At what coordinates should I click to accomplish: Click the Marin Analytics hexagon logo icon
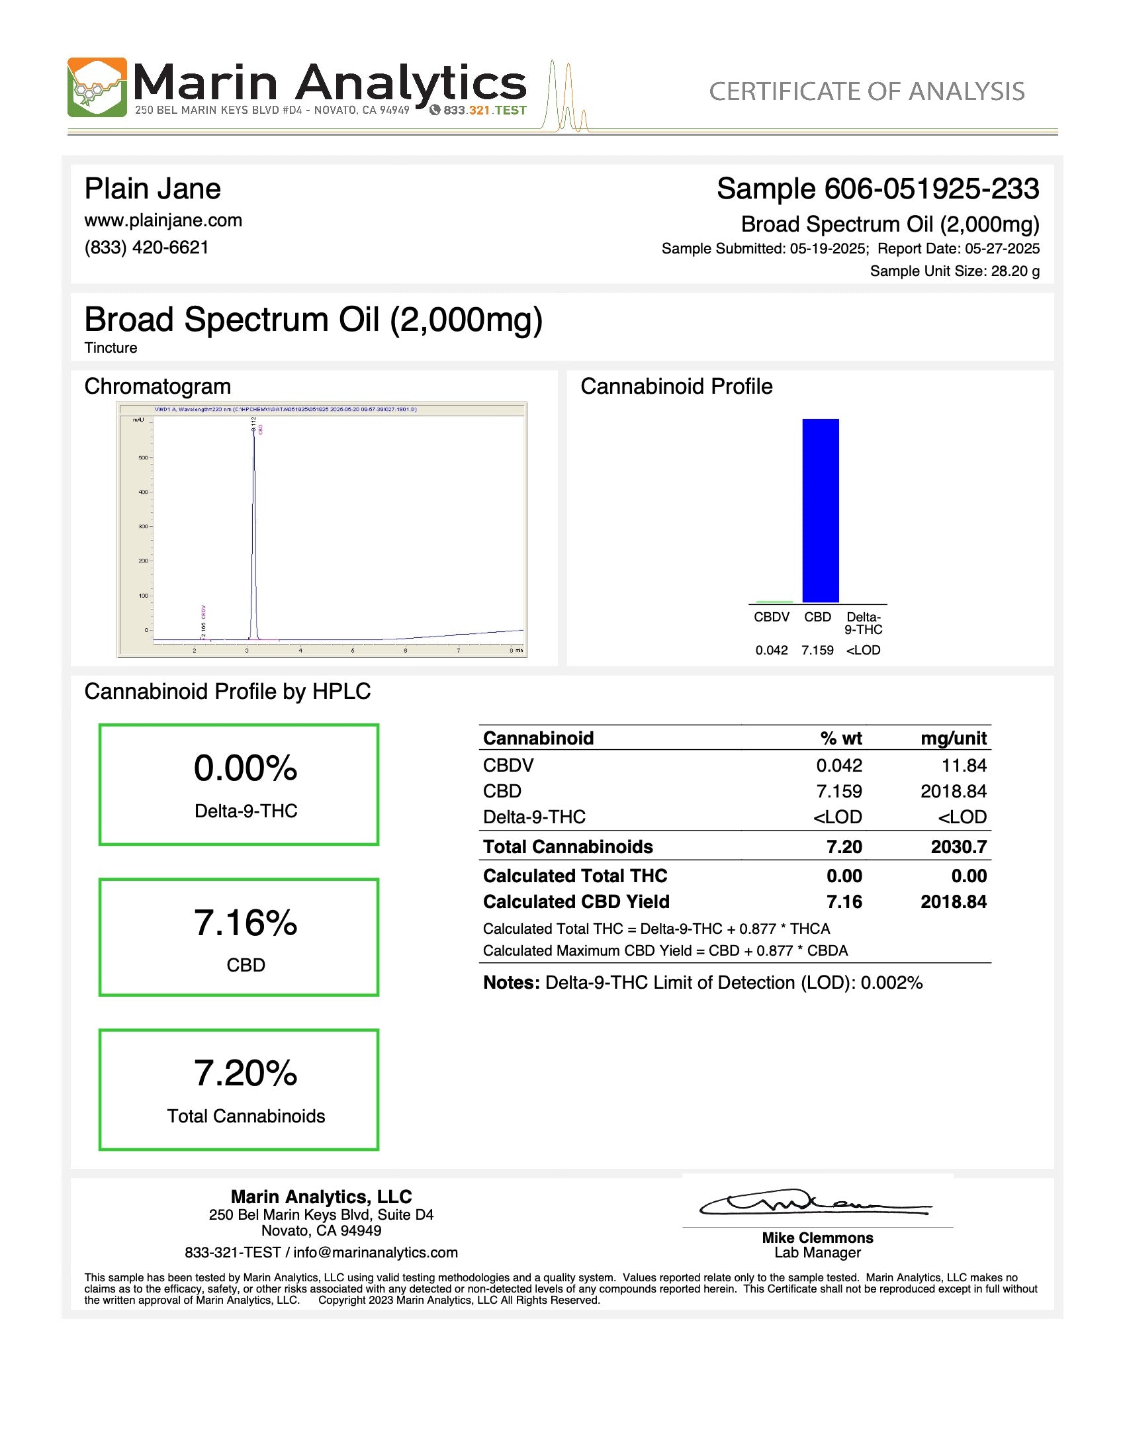[97, 87]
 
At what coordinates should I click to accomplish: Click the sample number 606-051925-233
[931, 189]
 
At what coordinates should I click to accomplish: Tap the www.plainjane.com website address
[163, 220]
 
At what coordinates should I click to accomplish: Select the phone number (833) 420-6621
[147, 248]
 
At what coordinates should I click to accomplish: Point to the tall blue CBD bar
[821, 510]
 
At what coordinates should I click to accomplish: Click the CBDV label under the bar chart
[771, 617]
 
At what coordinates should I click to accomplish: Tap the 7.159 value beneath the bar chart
[817, 650]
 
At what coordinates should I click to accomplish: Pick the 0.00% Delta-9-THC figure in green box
[246, 768]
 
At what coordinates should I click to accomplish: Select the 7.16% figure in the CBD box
[246, 923]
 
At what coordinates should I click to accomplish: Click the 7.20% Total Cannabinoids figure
[246, 1073]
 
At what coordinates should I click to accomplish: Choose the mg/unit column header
[953, 738]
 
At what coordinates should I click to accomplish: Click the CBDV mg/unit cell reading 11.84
[964, 765]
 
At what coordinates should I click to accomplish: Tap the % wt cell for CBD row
[839, 792]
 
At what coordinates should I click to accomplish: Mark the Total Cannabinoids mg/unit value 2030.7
[958, 846]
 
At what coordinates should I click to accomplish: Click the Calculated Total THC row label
[575, 876]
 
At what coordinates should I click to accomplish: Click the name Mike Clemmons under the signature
[817, 1238]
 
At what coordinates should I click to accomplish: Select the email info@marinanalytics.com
[375, 1253]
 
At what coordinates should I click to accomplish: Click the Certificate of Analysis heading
[866, 91]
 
